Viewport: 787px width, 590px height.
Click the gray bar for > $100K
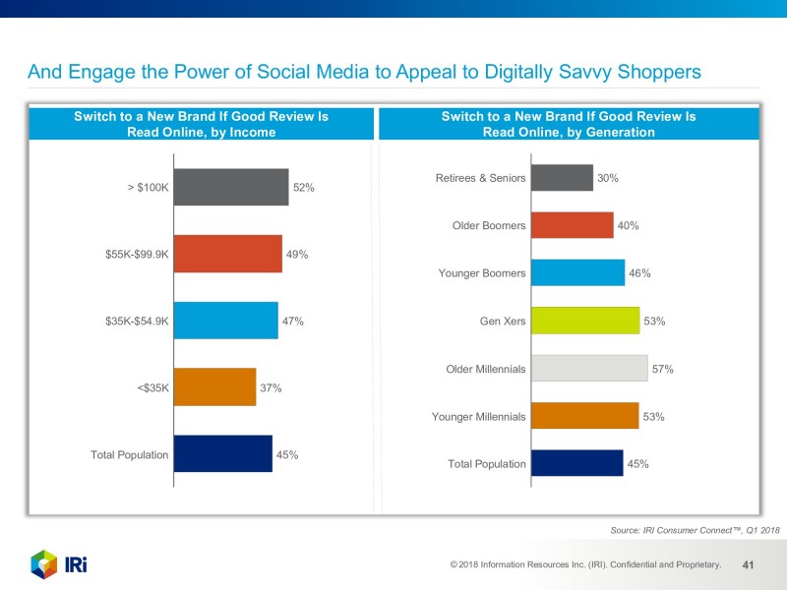coord(230,187)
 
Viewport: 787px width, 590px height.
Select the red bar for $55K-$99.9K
coord(227,254)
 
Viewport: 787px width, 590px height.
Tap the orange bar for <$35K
coord(214,387)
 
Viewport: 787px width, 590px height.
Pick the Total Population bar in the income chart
coord(222,454)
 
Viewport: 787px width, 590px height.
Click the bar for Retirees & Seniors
coord(562,178)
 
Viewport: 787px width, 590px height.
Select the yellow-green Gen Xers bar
coord(585,321)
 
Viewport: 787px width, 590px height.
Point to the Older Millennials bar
coord(589,369)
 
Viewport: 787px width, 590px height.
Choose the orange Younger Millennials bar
coord(585,416)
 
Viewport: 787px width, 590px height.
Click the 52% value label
coord(304,187)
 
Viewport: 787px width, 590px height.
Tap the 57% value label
coord(662,369)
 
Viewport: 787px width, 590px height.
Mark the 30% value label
coord(608,178)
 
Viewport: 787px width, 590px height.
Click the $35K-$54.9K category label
coord(137,321)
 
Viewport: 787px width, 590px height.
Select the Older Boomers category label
coord(489,226)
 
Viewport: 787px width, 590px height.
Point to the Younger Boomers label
coord(482,273)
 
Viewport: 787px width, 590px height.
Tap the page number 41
coord(748,565)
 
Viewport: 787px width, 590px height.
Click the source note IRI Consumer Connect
coord(695,530)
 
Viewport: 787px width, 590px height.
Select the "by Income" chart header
coord(201,125)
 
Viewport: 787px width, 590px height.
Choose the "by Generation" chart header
coord(569,125)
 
